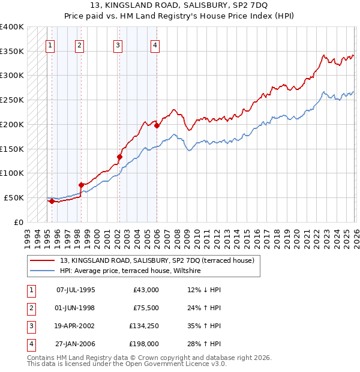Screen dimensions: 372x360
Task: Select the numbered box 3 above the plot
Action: tap(118, 44)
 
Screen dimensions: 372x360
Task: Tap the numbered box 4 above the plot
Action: tap(155, 44)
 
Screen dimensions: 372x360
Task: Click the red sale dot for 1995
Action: tap(52, 202)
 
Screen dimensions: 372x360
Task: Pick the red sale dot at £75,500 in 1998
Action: tap(81, 185)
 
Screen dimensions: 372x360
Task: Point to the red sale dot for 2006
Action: tap(157, 125)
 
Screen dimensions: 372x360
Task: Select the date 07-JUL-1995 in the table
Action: tap(75, 290)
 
